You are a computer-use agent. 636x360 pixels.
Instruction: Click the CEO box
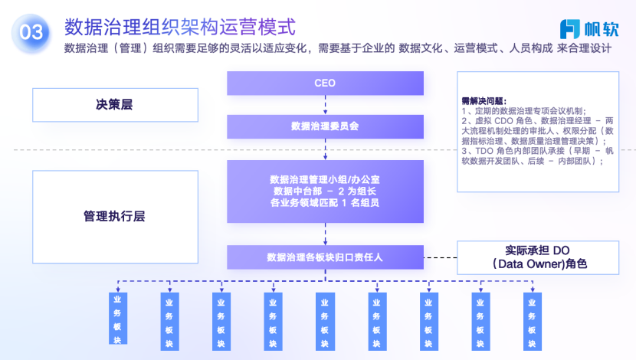(325, 83)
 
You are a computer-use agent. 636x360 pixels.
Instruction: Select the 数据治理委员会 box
(325, 126)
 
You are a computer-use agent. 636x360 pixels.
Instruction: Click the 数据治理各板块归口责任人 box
(325, 257)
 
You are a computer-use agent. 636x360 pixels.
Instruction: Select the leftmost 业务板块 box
(116, 317)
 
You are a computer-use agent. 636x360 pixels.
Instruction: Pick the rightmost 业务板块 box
(531, 317)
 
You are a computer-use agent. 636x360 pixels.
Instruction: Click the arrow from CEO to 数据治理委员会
(325, 105)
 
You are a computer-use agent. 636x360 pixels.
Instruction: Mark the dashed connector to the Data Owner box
(440, 257)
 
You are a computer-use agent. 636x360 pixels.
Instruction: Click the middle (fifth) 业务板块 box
(325, 317)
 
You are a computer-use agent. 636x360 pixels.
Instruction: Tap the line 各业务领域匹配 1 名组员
(325, 202)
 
